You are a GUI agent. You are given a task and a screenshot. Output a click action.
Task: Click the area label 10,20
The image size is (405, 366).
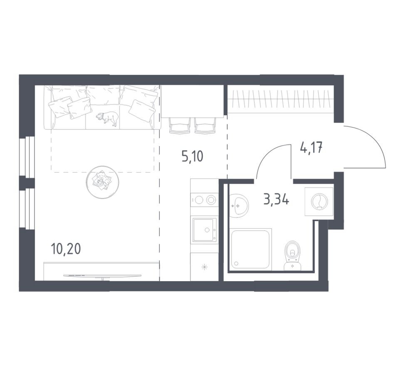point(66,249)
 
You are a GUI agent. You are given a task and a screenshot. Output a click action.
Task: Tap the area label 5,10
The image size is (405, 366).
point(192,156)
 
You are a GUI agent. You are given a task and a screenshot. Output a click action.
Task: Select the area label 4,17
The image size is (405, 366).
point(311,148)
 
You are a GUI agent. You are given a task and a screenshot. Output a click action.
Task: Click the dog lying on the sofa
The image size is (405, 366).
point(108,118)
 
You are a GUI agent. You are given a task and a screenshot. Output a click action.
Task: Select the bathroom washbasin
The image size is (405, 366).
point(239,205)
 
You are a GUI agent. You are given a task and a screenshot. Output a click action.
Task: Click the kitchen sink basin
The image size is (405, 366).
point(204,230)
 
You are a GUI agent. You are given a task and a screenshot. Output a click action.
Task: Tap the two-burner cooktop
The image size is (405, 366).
point(204,200)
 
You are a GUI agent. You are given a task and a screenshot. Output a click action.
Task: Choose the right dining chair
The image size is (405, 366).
point(205,125)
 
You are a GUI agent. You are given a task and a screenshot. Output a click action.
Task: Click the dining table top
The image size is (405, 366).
point(192,101)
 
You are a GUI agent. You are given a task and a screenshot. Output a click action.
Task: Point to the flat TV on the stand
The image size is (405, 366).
point(102,276)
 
